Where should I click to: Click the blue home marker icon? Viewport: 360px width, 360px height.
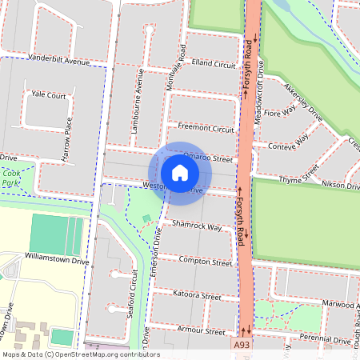(180, 173)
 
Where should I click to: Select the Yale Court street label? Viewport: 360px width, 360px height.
(48, 94)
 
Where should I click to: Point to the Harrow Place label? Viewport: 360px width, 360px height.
(69, 137)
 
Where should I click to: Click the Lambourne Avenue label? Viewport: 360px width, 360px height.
(138, 102)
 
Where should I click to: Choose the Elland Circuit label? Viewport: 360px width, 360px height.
(214, 62)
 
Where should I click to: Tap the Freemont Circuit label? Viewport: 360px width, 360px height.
(206, 128)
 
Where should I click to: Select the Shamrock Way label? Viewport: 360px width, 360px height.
(196, 227)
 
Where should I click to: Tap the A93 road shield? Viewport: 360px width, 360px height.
(243, 345)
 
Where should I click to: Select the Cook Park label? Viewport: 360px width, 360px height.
(11, 178)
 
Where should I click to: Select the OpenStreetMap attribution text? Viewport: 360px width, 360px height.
(81, 354)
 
